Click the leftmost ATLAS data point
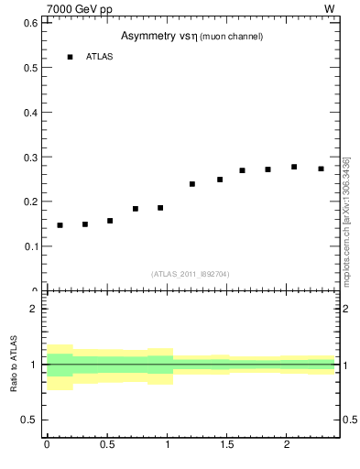60,225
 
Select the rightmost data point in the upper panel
321,169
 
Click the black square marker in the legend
70,57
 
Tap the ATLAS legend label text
99,57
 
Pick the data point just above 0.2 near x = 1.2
192,184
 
